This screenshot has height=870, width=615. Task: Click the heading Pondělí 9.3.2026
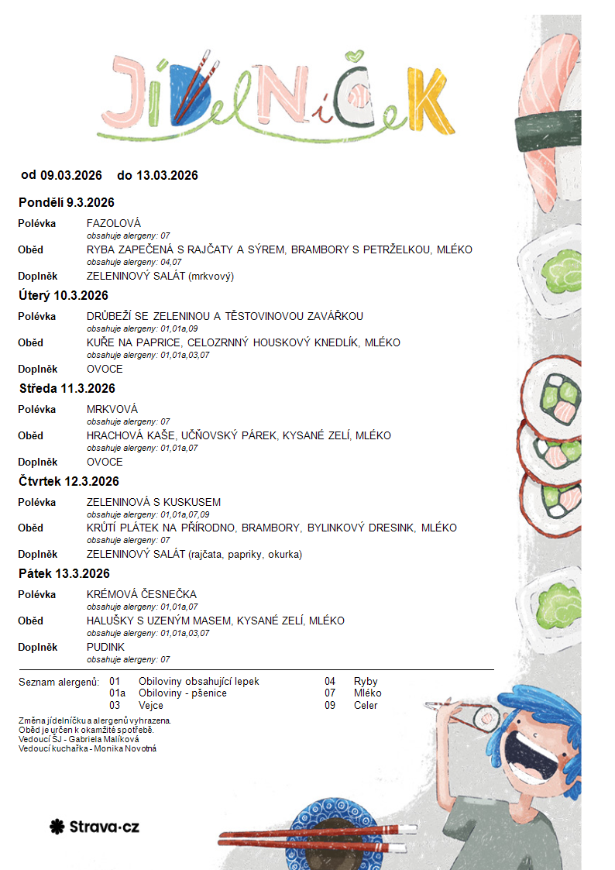(x=67, y=203)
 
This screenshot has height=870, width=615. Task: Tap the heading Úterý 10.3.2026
(x=64, y=296)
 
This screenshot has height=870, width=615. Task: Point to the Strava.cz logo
(x=94, y=827)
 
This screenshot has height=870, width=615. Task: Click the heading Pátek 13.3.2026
(x=64, y=574)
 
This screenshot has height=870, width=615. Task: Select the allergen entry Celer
(x=366, y=706)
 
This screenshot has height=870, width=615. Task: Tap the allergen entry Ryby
(x=366, y=682)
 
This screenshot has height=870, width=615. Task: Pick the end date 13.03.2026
(x=167, y=176)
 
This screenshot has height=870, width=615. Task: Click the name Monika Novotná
(x=125, y=749)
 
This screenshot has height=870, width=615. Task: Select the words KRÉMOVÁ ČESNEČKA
(x=142, y=595)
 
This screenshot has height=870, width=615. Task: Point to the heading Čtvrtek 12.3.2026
(x=69, y=482)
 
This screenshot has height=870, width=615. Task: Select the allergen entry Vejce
(x=151, y=706)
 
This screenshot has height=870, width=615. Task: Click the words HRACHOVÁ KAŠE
(x=124, y=436)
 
